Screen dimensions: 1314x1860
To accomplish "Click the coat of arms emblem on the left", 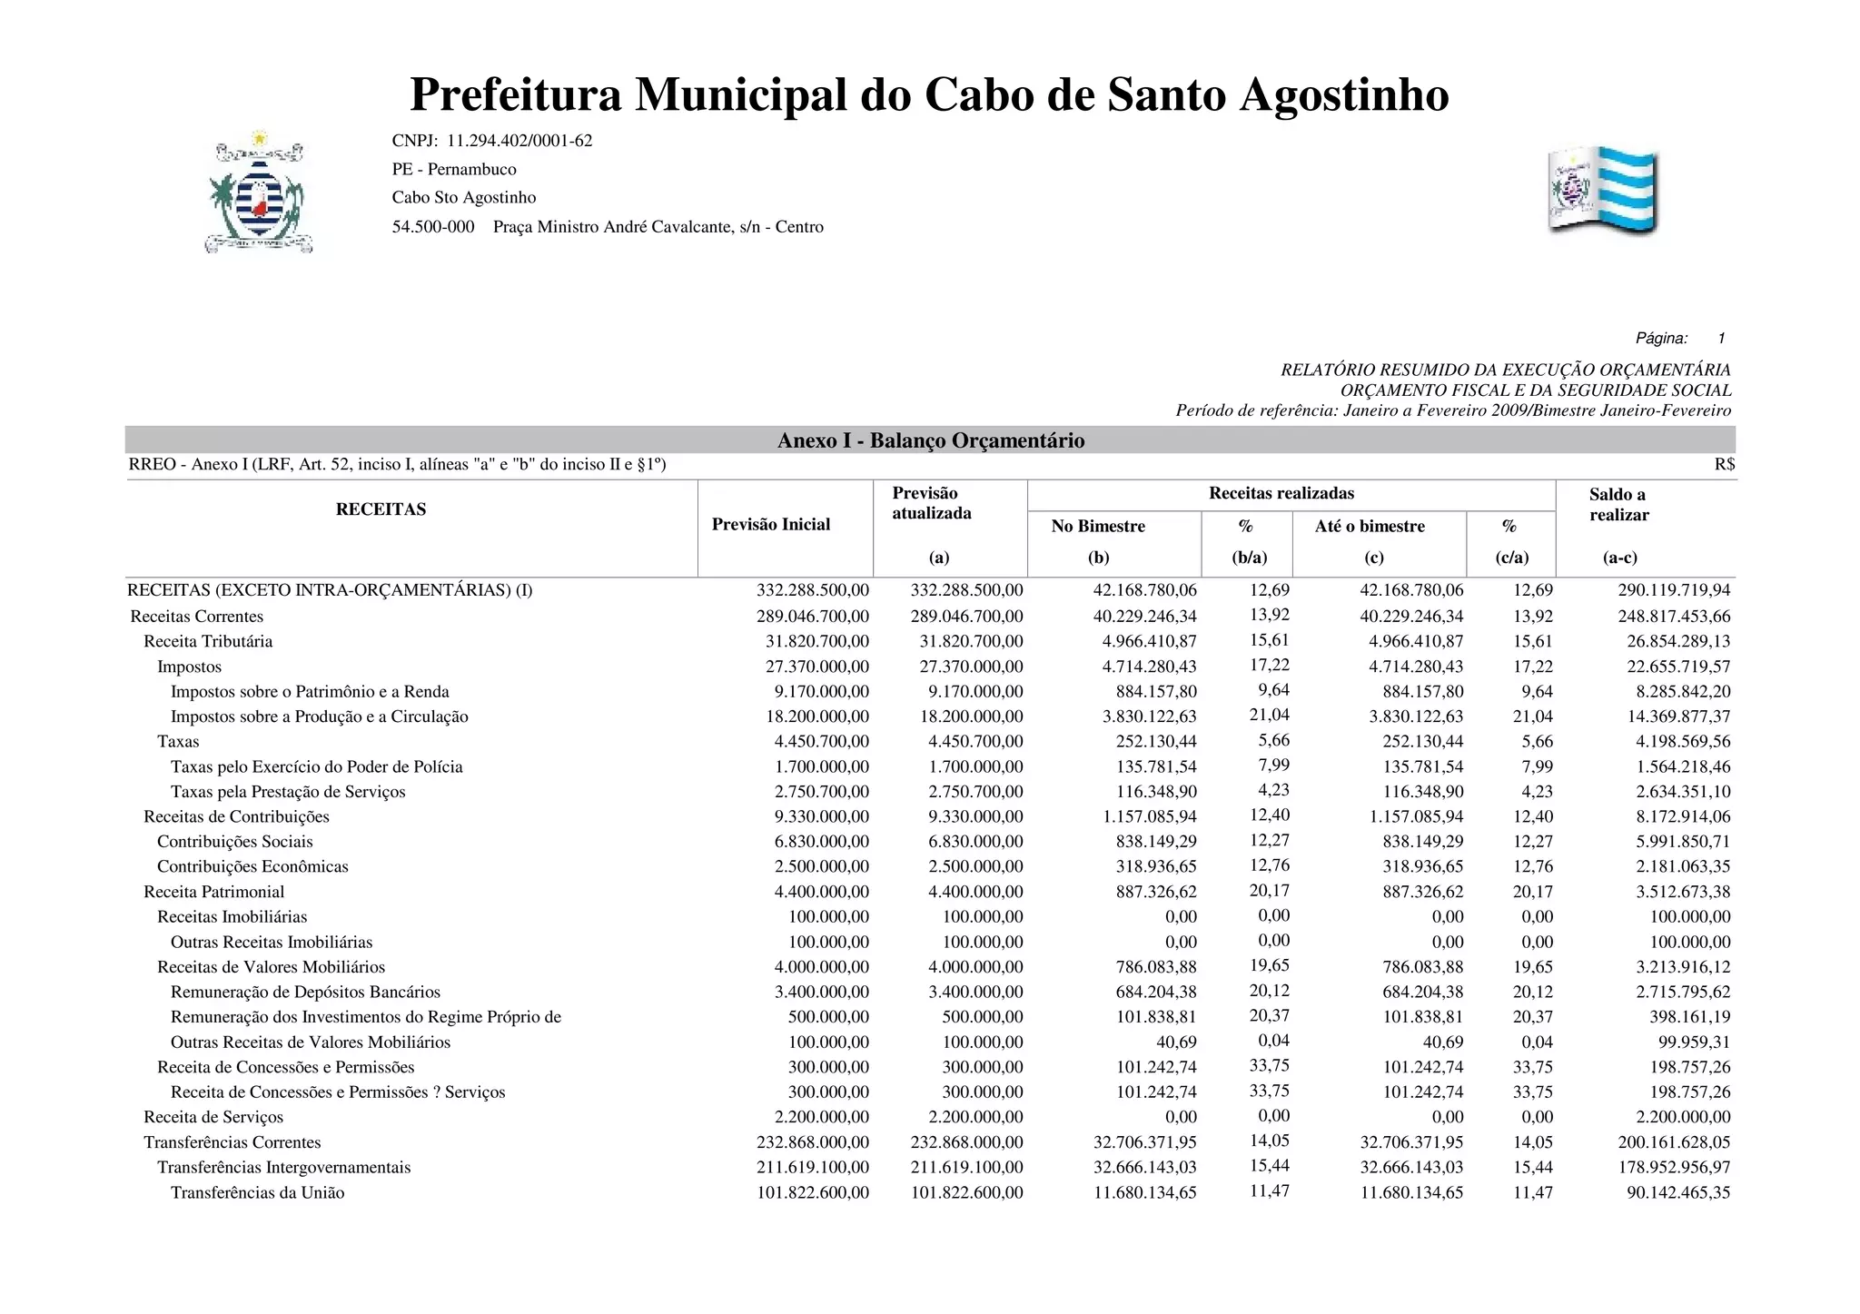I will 260,193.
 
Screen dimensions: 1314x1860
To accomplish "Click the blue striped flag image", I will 1603,191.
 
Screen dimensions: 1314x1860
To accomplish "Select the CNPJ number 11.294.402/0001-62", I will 519,141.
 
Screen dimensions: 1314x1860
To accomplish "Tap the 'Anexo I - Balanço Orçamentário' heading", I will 930,440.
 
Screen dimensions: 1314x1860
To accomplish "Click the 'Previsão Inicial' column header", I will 770,524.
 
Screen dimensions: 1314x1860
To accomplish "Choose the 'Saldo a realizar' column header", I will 1618,505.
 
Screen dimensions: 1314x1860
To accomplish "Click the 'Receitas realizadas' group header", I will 1281,493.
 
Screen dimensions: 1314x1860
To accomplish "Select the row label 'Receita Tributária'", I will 208,641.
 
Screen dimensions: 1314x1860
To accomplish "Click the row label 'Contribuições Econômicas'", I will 252,866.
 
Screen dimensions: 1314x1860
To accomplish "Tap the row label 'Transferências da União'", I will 258,1192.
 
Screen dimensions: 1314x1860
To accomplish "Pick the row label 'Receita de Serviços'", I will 213,1117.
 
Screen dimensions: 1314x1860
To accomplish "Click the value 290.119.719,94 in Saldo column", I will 1674,590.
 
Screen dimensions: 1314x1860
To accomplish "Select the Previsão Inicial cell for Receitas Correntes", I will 812,617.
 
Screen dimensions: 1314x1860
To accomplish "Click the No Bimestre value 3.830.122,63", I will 1149,716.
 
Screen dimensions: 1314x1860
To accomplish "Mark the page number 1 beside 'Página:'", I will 1720,339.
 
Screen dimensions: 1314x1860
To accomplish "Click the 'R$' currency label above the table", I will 1724,465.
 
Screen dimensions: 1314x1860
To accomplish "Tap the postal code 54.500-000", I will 433,226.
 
